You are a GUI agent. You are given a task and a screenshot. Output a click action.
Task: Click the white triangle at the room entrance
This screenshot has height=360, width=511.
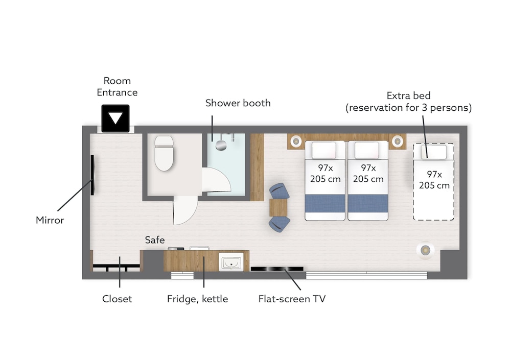[115, 117]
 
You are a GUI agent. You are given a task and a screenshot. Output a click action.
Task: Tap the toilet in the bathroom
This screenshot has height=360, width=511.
[164, 153]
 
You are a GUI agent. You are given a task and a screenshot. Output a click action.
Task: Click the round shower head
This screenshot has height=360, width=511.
[221, 145]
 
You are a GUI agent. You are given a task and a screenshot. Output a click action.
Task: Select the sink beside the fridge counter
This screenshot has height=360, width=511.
[231, 261]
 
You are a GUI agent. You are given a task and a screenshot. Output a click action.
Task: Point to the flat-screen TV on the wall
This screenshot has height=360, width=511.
[276, 269]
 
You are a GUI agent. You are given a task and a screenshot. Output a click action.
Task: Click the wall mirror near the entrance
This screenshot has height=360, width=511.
[92, 175]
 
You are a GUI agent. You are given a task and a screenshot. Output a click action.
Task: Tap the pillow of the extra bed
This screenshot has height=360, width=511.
[434, 152]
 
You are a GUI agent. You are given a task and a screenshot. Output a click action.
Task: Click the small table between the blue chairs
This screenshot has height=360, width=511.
[278, 207]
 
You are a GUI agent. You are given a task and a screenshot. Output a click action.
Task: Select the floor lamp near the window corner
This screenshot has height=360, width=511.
[425, 250]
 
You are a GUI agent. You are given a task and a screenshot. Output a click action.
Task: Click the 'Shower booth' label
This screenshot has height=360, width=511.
[238, 103]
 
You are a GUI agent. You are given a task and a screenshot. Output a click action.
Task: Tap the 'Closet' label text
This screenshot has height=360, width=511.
[117, 299]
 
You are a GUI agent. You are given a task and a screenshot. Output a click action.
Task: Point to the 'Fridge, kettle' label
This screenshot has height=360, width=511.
[197, 299]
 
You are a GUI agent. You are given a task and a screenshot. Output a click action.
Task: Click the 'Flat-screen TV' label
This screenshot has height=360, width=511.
[292, 299]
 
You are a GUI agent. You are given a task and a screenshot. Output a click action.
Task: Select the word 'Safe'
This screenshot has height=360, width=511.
[155, 240]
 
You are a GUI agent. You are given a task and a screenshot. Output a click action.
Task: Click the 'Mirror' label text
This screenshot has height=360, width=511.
[50, 220]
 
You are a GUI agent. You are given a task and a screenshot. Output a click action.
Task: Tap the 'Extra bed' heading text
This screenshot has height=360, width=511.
[409, 95]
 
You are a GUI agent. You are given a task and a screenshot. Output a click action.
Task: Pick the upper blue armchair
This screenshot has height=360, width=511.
[279, 191]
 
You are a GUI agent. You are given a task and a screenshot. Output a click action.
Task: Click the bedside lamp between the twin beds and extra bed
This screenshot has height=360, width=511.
[397, 141]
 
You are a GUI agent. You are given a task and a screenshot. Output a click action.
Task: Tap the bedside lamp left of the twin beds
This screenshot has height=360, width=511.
[296, 141]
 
